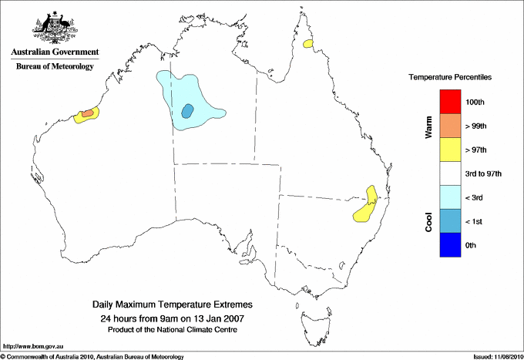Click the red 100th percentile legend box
[449, 102]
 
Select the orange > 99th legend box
[449, 126]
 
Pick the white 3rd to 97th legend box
[449, 173]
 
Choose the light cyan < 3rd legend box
[449, 197]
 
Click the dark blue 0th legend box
[449, 245]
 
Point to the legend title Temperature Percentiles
[450, 78]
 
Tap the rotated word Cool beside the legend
[428, 221]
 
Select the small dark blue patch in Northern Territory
[186, 111]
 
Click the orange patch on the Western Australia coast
[87, 114]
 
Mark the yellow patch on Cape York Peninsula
[309, 45]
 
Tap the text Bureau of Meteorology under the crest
[55, 66]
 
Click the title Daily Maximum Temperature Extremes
[173, 304]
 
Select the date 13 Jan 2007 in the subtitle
[220, 318]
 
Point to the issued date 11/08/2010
[505, 356]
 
